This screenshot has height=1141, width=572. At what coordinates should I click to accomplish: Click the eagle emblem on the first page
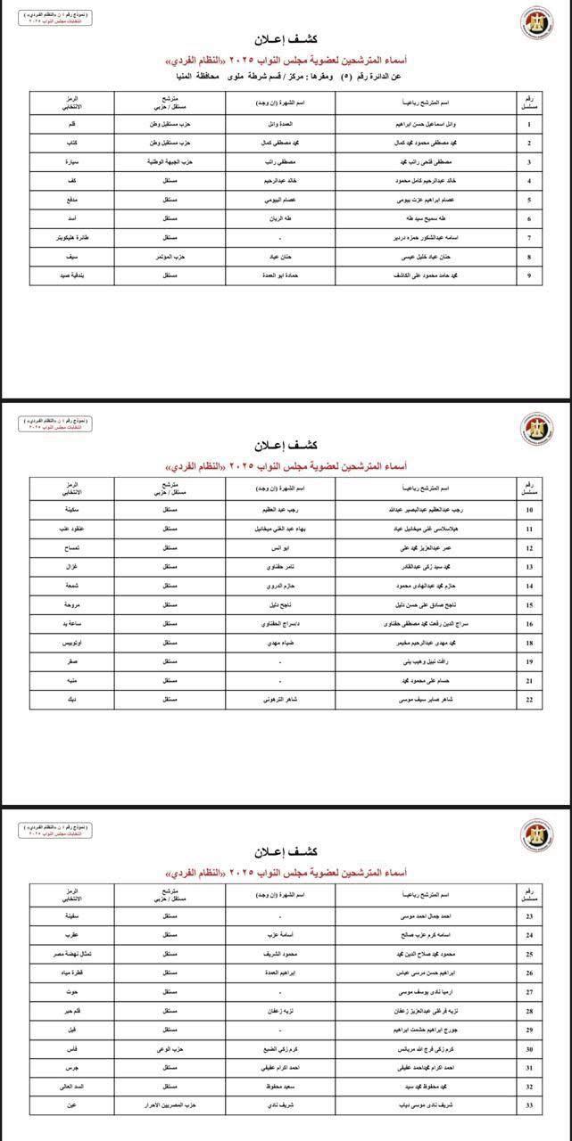(x=537, y=25)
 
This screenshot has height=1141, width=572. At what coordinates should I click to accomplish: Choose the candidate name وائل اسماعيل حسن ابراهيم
(x=420, y=123)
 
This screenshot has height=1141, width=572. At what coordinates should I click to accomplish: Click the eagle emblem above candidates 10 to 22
(x=537, y=429)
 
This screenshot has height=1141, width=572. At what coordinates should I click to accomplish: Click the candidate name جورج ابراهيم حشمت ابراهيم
(x=420, y=1030)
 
